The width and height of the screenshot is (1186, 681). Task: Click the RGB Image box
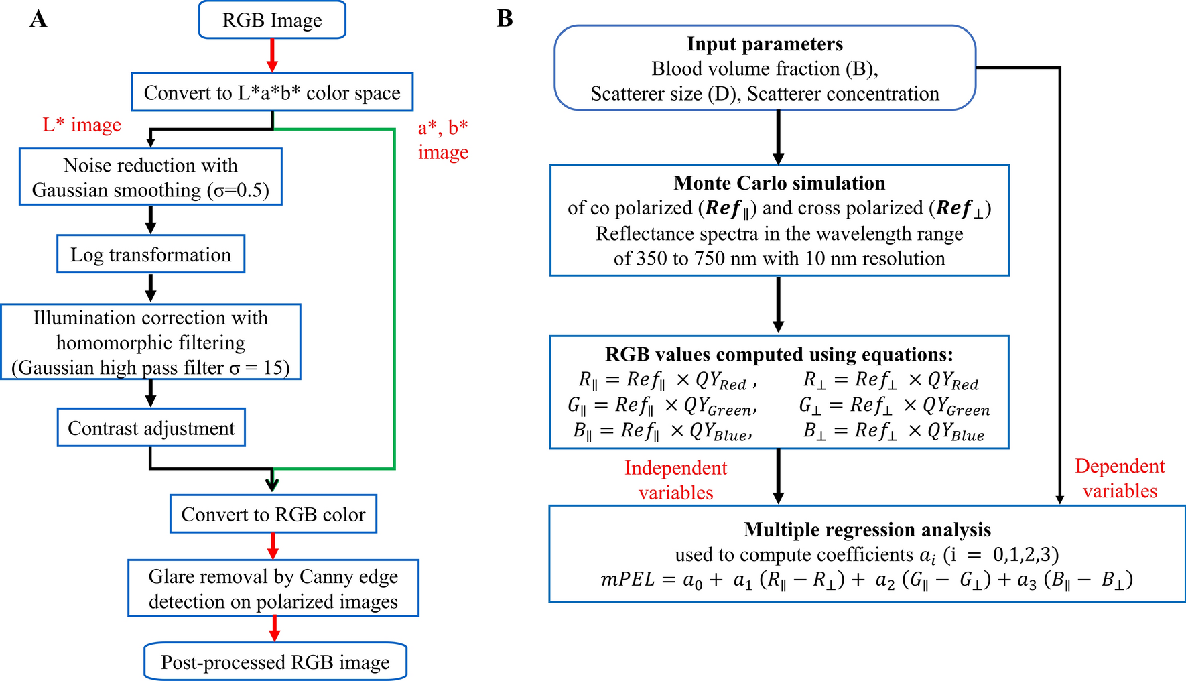coord(272,20)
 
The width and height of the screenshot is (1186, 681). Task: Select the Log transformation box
coord(151,255)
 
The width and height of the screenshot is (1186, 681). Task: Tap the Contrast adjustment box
coord(151,428)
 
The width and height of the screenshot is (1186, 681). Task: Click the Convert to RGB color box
coord(273,514)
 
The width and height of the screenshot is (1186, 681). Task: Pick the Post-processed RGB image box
coord(275,662)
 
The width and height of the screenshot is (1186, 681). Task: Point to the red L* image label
coord(82,125)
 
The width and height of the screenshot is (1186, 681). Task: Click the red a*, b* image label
coord(443,139)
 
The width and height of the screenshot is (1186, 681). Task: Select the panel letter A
coord(38,19)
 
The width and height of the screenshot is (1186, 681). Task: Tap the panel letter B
coord(505,19)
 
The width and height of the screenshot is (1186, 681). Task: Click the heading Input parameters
coord(765,44)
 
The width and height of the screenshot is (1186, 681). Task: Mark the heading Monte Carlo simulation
coord(779,183)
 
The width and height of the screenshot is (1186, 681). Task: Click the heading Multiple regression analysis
coord(867,530)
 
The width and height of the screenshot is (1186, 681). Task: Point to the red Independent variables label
coord(675,480)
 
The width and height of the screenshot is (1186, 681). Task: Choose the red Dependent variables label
coord(1120,479)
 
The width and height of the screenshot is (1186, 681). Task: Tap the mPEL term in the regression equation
coord(627,580)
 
